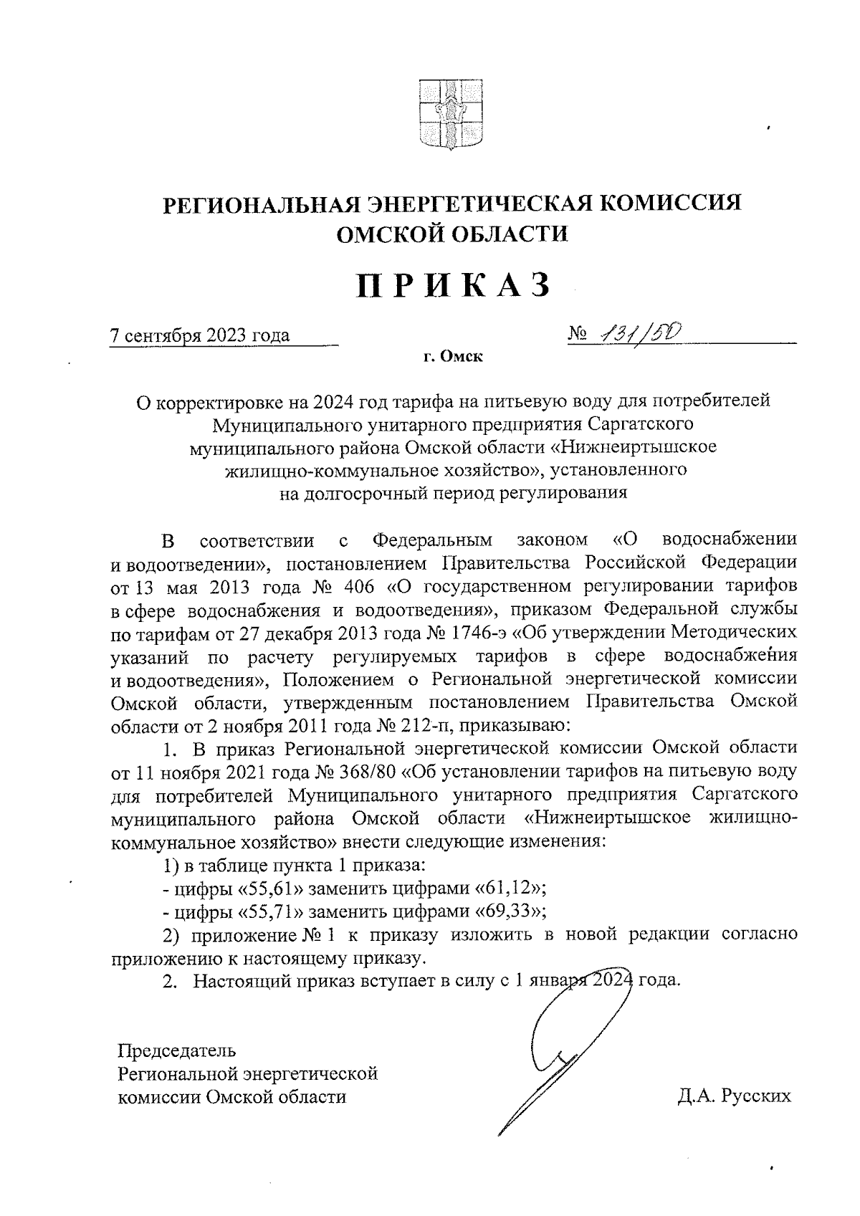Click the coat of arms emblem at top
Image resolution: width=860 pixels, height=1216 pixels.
pos(449,115)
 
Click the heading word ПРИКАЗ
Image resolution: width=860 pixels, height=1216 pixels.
pos(454,285)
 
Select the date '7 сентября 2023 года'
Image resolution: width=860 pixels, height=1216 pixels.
pos(200,335)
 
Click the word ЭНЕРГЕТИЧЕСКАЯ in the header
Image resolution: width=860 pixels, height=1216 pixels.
pos(478,204)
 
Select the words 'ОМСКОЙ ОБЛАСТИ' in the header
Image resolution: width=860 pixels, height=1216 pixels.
pos(452,234)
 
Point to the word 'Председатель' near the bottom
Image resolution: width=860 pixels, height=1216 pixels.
pos(176,1051)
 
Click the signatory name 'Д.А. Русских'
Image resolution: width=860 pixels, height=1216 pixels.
pos(734,1096)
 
